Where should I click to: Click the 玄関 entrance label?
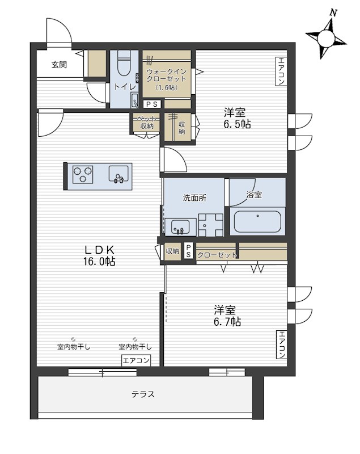click(x=60, y=65)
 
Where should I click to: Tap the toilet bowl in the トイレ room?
click(x=124, y=64)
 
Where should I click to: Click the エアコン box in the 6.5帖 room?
click(x=281, y=71)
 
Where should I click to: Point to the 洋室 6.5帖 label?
click(x=237, y=119)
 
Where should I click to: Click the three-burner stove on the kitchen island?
click(x=83, y=175)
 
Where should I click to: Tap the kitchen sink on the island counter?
click(x=118, y=174)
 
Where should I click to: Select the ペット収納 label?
click(x=147, y=123)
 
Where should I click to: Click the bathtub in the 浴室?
click(x=257, y=222)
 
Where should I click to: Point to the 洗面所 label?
click(x=194, y=197)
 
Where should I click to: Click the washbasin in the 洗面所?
click(x=180, y=226)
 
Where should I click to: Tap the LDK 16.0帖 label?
click(x=99, y=255)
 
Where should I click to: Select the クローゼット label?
click(x=217, y=255)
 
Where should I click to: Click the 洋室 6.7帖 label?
click(x=227, y=316)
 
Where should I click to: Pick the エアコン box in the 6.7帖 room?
click(x=282, y=344)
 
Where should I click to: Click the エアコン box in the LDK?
click(x=136, y=360)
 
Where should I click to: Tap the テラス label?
click(x=143, y=394)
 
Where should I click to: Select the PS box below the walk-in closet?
click(x=152, y=104)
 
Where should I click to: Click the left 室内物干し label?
click(x=74, y=347)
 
